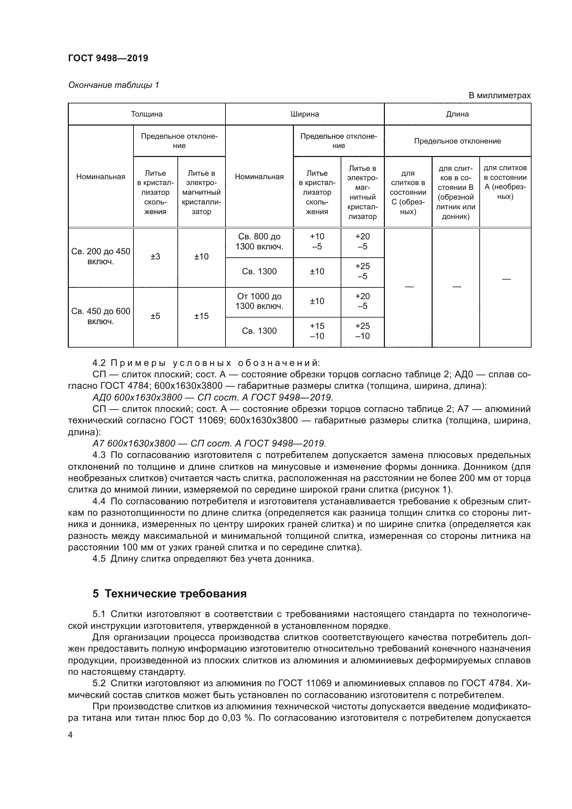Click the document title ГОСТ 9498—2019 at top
click(108, 58)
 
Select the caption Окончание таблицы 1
click(113, 85)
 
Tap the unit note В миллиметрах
click(499, 95)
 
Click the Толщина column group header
click(147, 114)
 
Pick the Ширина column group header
click(305, 114)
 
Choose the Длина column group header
click(457, 114)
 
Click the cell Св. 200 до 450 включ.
click(101, 257)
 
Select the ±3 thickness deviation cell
click(155, 257)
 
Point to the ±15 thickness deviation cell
click(201, 316)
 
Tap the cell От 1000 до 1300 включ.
click(259, 301)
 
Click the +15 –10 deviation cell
click(317, 331)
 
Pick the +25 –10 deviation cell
click(362, 331)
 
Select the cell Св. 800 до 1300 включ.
click(259, 242)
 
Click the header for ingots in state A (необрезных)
click(505, 182)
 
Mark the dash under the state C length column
click(408, 287)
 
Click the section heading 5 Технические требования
click(169, 594)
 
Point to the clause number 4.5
click(99, 559)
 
